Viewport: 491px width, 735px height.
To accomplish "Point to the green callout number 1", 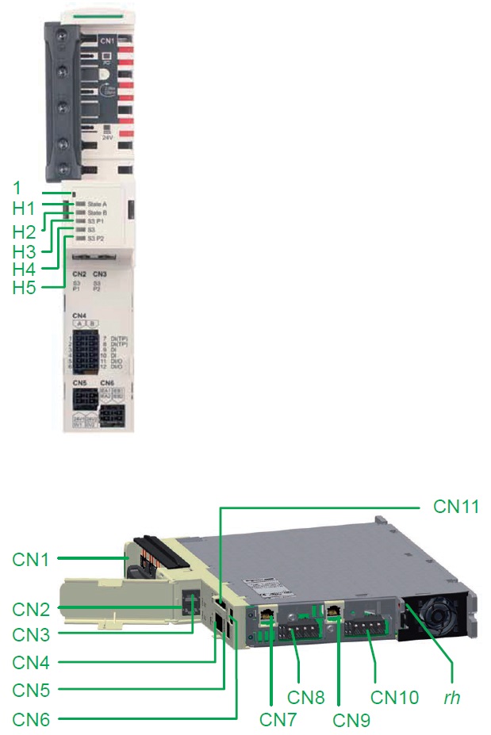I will (17, 188).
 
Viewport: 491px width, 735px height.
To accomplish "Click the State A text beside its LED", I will (98, 205).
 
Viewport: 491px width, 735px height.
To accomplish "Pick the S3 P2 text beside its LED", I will (96, 238).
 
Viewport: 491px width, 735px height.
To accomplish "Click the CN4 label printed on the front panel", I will (79, 316).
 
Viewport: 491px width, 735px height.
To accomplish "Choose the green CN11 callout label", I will (456, 506).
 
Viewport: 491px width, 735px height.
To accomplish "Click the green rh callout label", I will (452, 698).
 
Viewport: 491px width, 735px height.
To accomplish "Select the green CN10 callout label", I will (394, 698).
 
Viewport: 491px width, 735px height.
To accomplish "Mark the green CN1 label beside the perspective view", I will (30, 560).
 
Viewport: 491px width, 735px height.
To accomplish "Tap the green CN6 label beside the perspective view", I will (30, 719).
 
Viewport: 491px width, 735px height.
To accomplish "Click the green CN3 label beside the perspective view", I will (30, 634).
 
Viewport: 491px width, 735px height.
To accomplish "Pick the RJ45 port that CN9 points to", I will (336, 611).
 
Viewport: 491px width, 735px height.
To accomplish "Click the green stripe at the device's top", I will (86, 15).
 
